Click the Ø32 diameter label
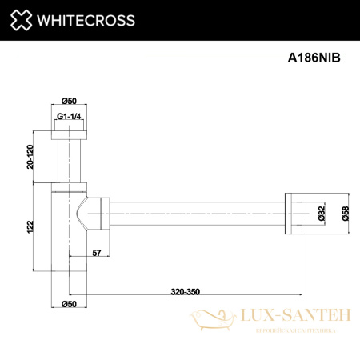(x=321, y=214)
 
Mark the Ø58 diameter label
(x=345, y=214)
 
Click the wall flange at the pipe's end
(x=291, y=214)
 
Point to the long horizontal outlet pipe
(x=196, y=214)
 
